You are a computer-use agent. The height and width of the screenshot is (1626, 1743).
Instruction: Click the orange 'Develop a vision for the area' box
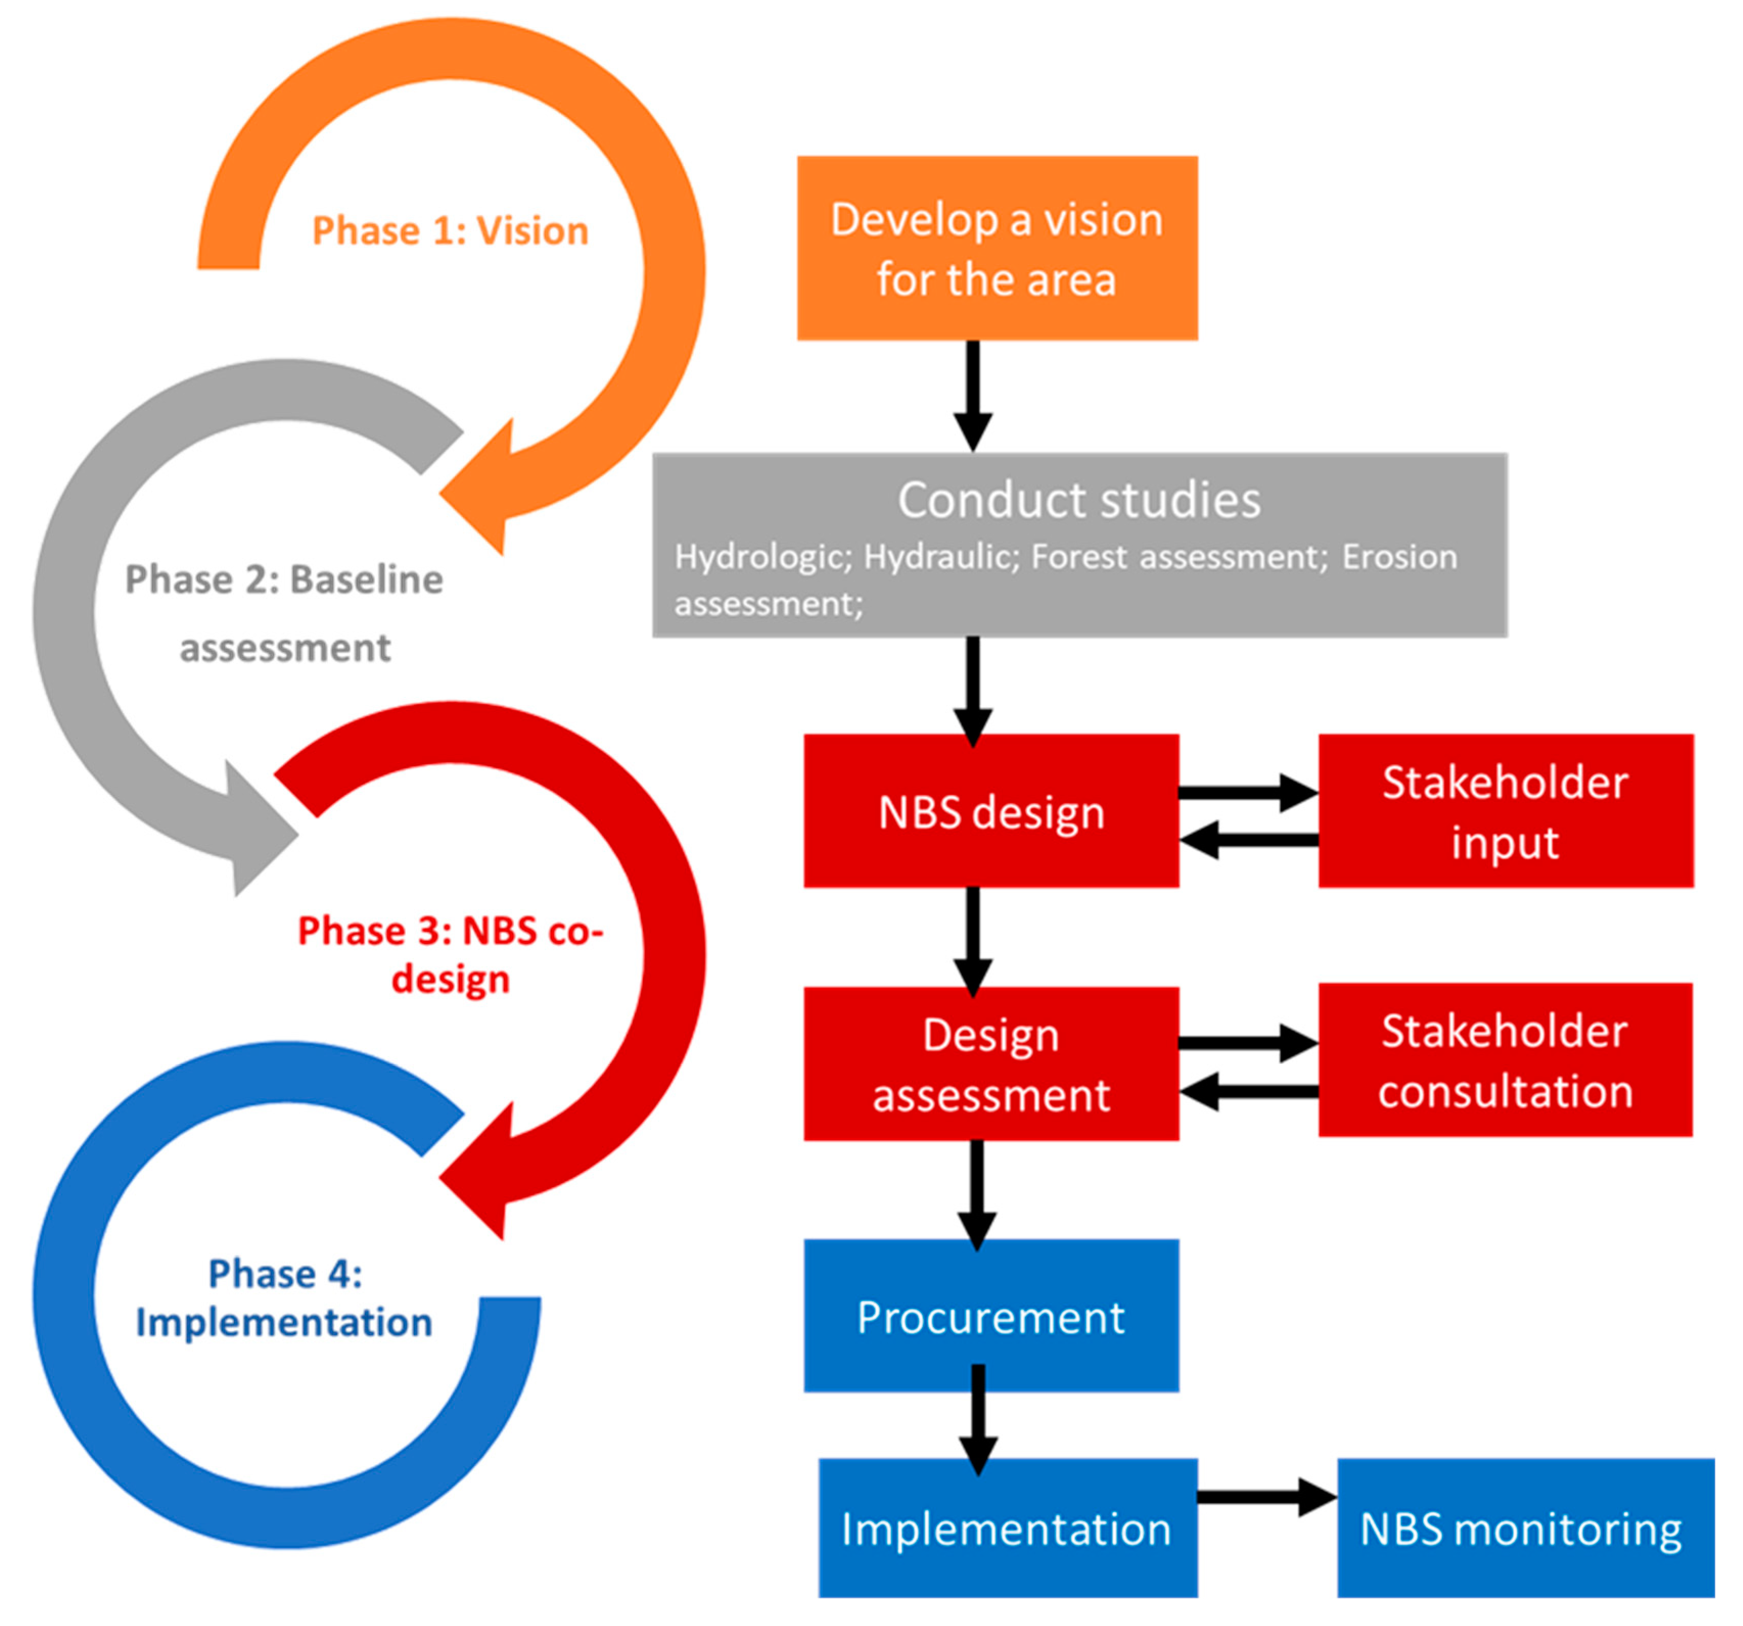coord(997,248)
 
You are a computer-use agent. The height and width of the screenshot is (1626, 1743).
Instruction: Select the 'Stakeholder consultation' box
coord(1504,1061)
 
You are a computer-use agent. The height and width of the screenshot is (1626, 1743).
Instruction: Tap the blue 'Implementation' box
coord(1007,1529)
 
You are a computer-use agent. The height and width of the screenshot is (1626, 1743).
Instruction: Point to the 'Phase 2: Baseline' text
coord(284,579)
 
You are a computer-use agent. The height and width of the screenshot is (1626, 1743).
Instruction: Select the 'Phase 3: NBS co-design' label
coord(451,955)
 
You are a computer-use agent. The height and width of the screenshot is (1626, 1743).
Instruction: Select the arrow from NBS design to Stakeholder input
coord(1247,792)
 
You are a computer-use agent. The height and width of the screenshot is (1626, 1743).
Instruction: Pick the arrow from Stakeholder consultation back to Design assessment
coord(1247,1091)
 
